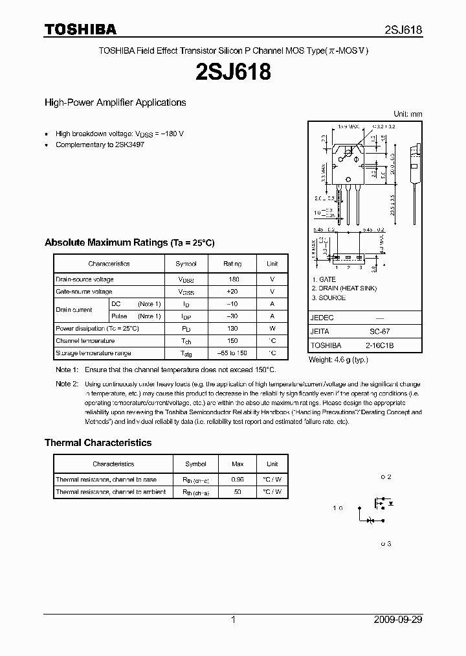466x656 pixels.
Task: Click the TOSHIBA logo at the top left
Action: (x=80, y=29)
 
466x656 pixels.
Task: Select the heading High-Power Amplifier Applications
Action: (x=115, y=102)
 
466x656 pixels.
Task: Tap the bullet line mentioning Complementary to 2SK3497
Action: (x=100, y=145)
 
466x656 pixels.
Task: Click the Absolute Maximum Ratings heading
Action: (x=129, y=242)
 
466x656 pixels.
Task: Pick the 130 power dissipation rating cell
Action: (x=232, y=329)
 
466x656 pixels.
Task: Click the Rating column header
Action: (x=232, y=264)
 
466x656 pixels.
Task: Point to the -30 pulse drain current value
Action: (x=232, y=316)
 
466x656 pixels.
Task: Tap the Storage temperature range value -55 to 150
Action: (x=232, y=353)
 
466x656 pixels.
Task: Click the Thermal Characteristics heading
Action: (x=98, y=443)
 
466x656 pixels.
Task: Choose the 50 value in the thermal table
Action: (x=238, y=492)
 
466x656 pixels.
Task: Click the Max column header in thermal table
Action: (x=238, y=464)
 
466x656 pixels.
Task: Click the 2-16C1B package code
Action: (x=379, y=346)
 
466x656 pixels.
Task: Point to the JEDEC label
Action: (x=322, y=318)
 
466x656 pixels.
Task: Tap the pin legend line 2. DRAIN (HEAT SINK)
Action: (x=344, y=288)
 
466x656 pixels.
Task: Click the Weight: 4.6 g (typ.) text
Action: (x=338, y=359)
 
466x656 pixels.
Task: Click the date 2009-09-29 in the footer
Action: (x=398, y=620)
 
